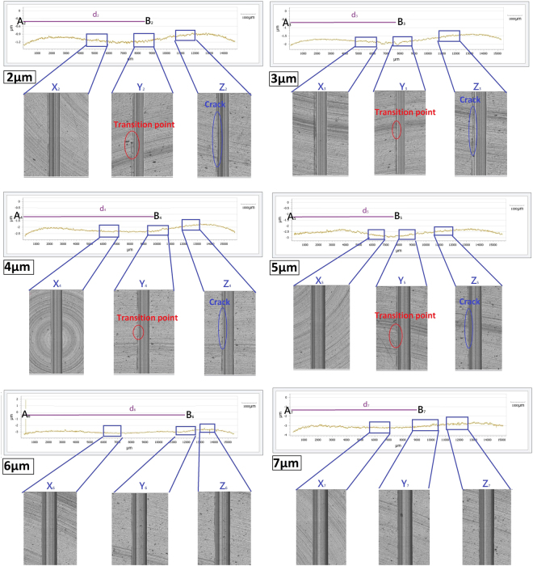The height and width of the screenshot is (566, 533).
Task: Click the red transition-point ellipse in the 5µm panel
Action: click(394, 334)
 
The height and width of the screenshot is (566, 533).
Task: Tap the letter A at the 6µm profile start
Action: click(25, 415)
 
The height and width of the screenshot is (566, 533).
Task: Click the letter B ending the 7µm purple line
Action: click(422, 411)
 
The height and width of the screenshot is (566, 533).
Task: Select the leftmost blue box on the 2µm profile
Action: click(97, 40)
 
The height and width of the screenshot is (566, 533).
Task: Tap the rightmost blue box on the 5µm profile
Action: click(443, 232)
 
